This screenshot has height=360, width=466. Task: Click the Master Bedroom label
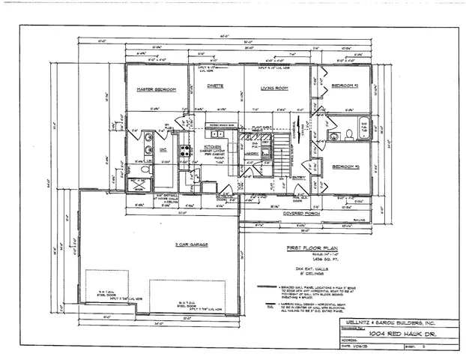coord(156,89)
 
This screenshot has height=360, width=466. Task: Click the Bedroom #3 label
coord(347,165)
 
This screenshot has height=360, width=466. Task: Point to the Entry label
coord(299,177)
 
